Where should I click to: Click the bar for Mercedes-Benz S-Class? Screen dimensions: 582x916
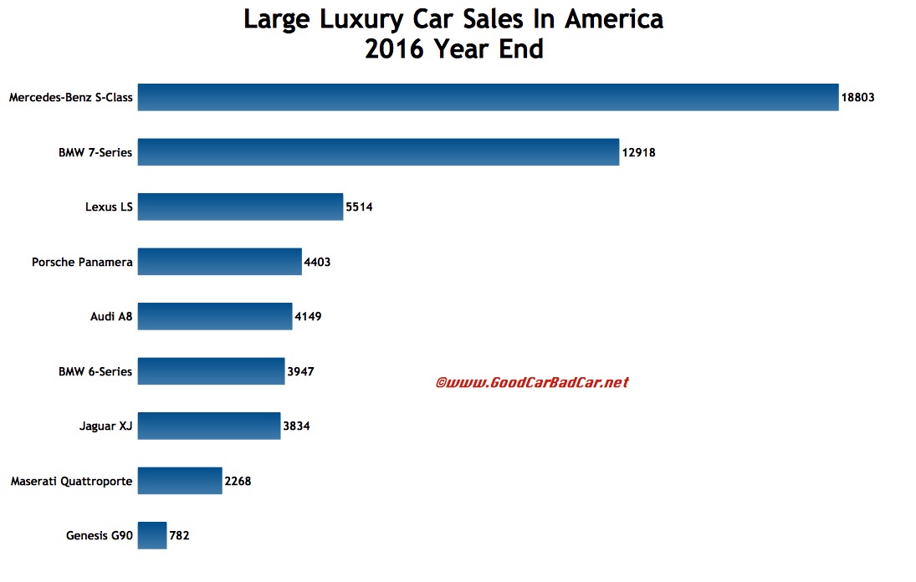(488, 97)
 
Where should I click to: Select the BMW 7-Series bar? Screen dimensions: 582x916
(378, 152)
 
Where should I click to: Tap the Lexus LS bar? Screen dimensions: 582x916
(240, 207)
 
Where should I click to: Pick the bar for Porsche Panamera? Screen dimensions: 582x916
(219, 262)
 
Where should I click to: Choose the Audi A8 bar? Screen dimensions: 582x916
(215, 317)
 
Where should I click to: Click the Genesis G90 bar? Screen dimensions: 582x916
(152, 535)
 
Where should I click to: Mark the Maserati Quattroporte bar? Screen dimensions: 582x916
(180, 481)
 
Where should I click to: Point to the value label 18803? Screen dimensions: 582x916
(857, 98)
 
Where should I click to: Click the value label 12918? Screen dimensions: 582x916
(639, 152)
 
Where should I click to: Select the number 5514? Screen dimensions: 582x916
(359, 207)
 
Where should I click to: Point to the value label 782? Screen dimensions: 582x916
(179, 536)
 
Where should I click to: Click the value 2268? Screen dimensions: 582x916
(238, 482)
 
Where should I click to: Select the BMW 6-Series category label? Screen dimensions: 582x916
(95, 371)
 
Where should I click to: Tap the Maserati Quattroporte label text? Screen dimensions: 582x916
(71, 482)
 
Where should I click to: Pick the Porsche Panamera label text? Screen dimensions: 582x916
(82, 263)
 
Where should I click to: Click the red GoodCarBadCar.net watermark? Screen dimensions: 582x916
(531, 382)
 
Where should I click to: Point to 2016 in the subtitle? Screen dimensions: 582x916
(396, 49)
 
